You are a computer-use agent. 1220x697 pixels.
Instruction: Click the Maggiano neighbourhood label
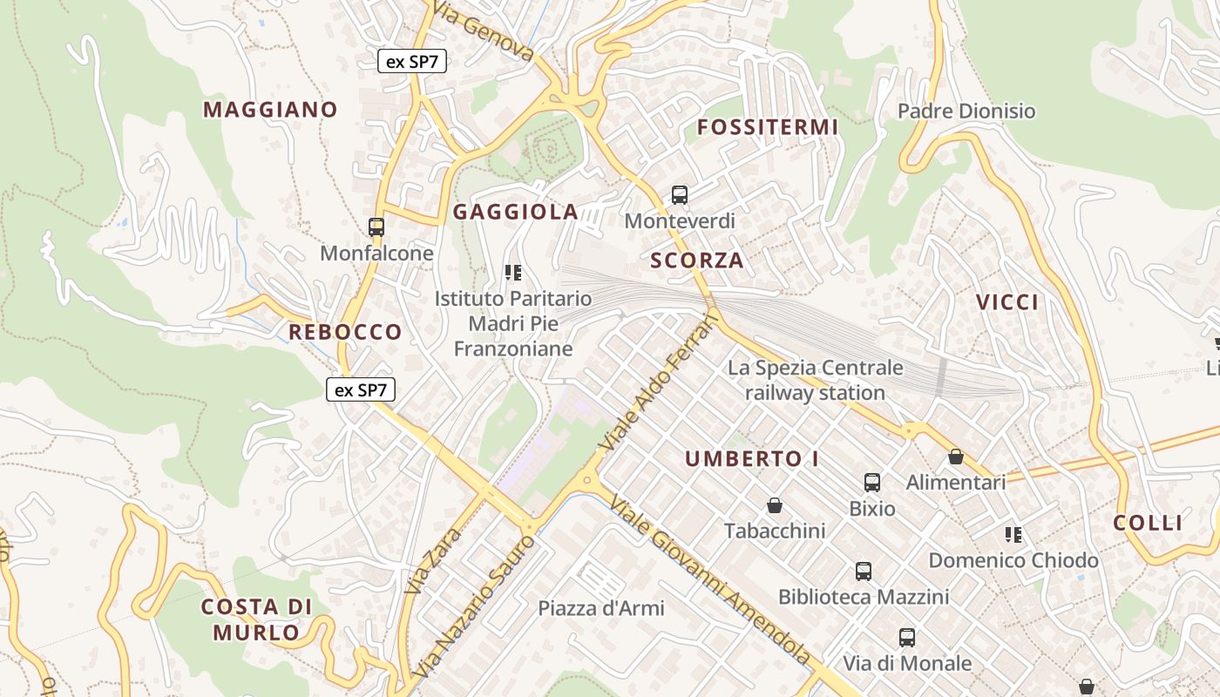click(x=270, y=110)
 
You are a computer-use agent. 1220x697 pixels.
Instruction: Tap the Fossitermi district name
click(x=768, y=127)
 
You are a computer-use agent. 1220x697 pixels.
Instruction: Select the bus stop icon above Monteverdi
click(x=680, y=195)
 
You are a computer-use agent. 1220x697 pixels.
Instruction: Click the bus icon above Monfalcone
click(x=376, y=227)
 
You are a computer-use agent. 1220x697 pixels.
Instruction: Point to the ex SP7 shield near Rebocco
click(x=361, y=389)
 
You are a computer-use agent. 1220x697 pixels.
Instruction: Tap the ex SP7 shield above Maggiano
click(x=413, y=61)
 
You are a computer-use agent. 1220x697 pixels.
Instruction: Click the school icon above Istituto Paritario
click(x=513, y=273)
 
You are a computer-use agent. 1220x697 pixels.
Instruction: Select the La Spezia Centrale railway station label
click(x=815, y=380)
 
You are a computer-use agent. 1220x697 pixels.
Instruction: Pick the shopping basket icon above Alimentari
click(x=956, y=457)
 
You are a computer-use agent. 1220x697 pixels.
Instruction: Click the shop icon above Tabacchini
click(x=774, y=505)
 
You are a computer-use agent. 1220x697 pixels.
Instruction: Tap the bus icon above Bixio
click(x=872, y=482)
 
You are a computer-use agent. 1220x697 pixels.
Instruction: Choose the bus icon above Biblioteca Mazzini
click(x=864, y=572)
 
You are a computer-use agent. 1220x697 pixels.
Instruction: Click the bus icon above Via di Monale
click(x=907, y=638)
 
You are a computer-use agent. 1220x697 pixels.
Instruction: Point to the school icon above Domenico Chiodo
click(x=1013, y=534)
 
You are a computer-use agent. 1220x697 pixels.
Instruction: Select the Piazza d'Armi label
click(x=601, y=608)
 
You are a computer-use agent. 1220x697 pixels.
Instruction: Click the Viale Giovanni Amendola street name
click(x=709, y=580)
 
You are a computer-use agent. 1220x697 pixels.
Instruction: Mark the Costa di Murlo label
click(x=256, y=619)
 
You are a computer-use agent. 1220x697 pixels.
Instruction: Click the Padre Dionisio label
click(x=966, y=111)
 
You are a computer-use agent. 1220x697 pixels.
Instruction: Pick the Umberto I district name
click(x=751, y=459)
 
